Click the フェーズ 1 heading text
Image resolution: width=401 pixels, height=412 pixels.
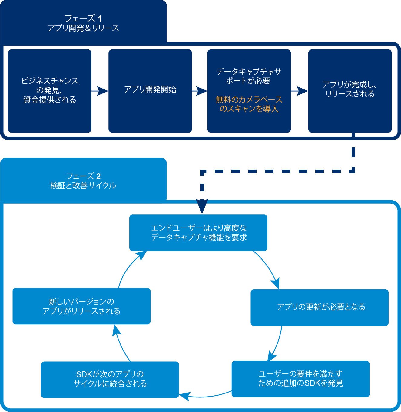click(83, 19)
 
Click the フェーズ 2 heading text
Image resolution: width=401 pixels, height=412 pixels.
click(83, 176)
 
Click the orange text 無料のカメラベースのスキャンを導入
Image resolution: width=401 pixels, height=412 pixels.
click(249, 104)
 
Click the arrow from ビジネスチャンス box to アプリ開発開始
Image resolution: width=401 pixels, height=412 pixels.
click(100, 91)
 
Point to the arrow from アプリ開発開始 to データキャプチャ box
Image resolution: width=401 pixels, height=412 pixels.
click(200, 91)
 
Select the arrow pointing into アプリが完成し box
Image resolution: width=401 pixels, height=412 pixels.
click(300, 91)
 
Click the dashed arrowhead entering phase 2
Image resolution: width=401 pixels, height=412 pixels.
click(202, 206)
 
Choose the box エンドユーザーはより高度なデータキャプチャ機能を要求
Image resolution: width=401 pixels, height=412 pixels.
click(198, 233)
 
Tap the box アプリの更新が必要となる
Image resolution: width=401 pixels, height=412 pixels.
click(320, 307)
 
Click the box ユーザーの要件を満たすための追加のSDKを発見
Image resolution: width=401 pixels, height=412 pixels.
click(300, 379)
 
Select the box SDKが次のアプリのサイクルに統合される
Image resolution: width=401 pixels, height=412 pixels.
click(110, 379)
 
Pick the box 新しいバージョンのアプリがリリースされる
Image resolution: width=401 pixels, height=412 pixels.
click(81, 306)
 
